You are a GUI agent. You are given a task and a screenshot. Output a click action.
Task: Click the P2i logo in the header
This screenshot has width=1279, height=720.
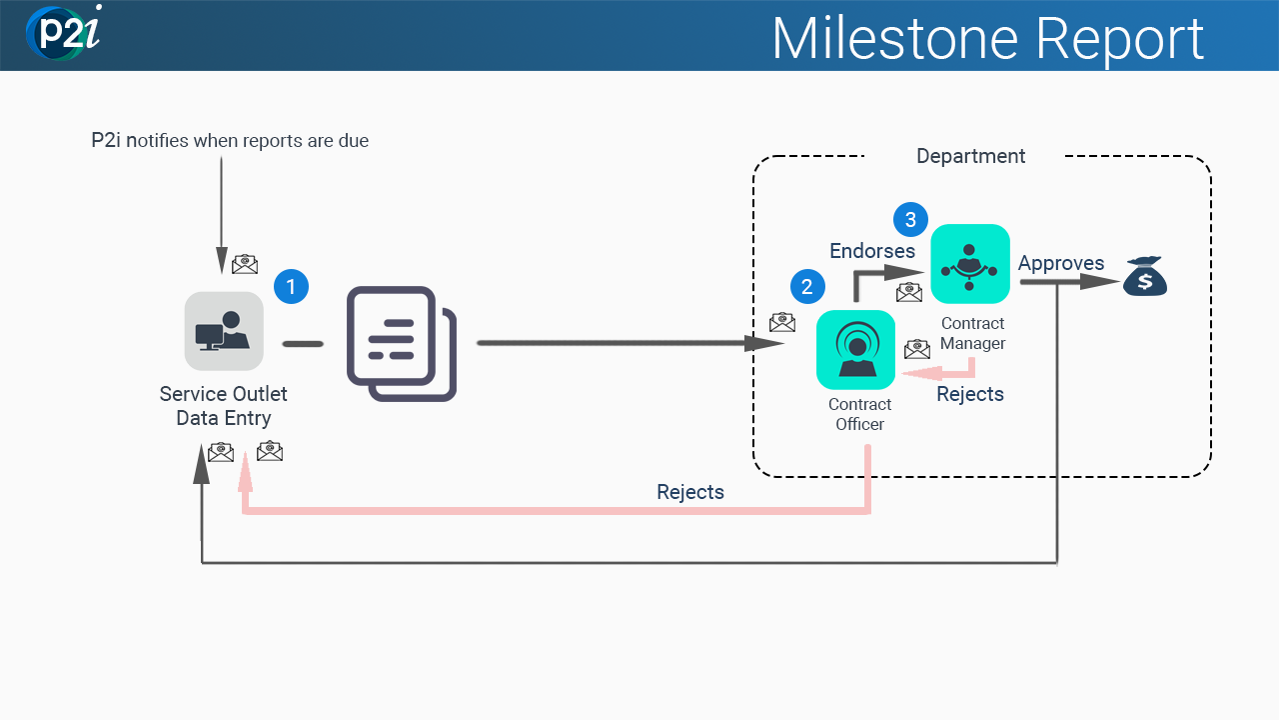click(64, 33)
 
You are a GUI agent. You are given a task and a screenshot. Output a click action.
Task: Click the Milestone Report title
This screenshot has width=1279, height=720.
click(987, 38)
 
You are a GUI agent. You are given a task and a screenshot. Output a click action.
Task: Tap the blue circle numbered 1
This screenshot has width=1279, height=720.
click(291, 287)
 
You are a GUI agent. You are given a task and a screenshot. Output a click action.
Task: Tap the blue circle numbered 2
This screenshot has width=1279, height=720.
click(807, 287)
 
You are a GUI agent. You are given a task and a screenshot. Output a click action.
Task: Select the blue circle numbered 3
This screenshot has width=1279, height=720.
click(910, 219)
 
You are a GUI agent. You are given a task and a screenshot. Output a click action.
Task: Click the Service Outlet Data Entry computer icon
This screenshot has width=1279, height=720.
click(224, 331)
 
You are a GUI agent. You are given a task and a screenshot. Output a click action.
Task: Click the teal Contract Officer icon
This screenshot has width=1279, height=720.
click(855, 350)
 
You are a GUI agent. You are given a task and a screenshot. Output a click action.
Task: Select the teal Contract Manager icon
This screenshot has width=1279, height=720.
click(969, 264)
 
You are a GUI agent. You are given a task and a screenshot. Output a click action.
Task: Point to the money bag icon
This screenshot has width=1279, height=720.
click(1145, 276)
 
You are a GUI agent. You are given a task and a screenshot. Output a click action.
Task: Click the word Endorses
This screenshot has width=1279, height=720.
click(872, 251)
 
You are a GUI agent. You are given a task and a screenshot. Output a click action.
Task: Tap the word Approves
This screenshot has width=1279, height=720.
click(1061, 263)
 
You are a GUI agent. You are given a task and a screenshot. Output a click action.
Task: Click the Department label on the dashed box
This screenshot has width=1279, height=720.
click(970, 156)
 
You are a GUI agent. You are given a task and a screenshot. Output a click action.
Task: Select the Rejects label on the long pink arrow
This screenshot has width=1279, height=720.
click(689, 492)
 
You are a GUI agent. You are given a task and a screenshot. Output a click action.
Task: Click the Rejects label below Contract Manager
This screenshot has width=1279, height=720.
click(969, 394)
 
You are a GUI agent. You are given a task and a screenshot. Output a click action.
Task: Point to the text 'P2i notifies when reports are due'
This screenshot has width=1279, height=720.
click(230, 141)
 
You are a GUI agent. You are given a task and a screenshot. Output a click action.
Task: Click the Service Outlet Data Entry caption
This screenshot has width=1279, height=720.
click(224, 406)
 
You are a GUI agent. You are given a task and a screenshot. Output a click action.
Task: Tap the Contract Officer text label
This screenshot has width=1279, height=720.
click(859, 414)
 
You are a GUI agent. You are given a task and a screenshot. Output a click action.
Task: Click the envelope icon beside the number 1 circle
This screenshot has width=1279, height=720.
click(245, 264)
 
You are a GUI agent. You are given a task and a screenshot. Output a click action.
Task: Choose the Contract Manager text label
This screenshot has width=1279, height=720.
click(972, 333)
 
